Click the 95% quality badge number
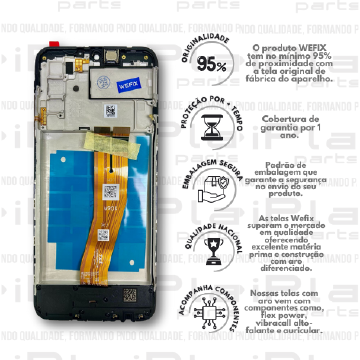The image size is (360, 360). coord(212,66)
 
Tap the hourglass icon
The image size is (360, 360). coord(212,127)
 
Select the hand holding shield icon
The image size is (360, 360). coord(212,184)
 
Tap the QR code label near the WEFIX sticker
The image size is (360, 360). coord(108,109)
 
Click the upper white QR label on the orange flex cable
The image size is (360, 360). coord(111,190)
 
